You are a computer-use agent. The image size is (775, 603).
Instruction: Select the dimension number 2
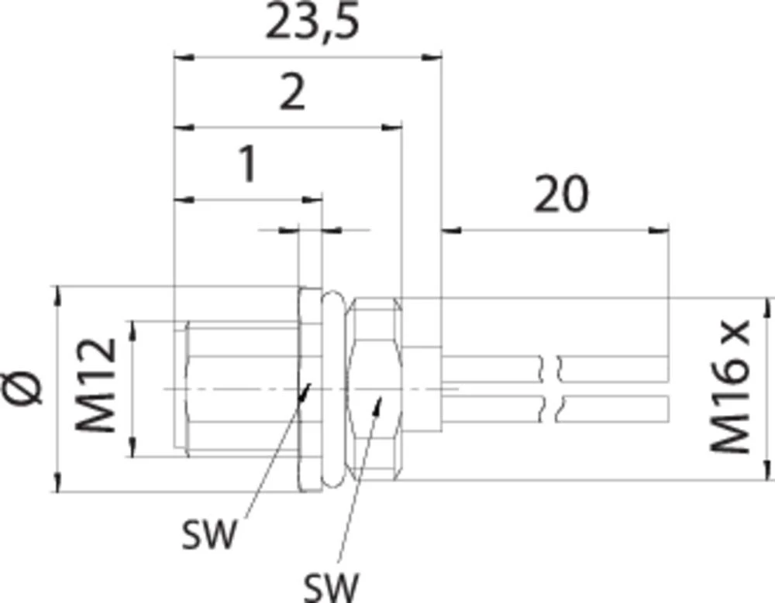point(292,92)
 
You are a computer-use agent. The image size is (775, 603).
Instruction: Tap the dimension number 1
point(248,164)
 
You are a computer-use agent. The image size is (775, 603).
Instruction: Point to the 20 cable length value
point(561,194)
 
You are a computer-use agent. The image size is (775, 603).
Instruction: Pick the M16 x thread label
point(729,387)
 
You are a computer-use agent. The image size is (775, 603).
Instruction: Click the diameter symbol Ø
point(22,388)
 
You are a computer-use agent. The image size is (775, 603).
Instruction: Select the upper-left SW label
point(209,535)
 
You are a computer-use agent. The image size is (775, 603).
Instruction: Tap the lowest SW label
point(331,588)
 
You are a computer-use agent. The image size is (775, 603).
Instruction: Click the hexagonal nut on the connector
point(374,389)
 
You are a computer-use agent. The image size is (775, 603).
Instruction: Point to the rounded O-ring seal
point(333,389)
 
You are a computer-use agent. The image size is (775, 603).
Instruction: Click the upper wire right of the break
point(613,368)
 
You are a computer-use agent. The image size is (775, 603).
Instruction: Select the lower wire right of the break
point(613,409)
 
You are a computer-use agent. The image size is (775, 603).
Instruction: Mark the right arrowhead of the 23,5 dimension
point(431,57)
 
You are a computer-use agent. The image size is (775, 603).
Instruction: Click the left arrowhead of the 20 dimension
point(451,230)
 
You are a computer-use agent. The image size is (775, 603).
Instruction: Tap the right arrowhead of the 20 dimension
point(658,230)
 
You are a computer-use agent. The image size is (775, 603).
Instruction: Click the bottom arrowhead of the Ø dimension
point(58,482)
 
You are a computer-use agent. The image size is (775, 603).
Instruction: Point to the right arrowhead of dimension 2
point(392,128)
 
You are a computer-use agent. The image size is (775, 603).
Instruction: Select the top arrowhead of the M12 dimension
point(132,331)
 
